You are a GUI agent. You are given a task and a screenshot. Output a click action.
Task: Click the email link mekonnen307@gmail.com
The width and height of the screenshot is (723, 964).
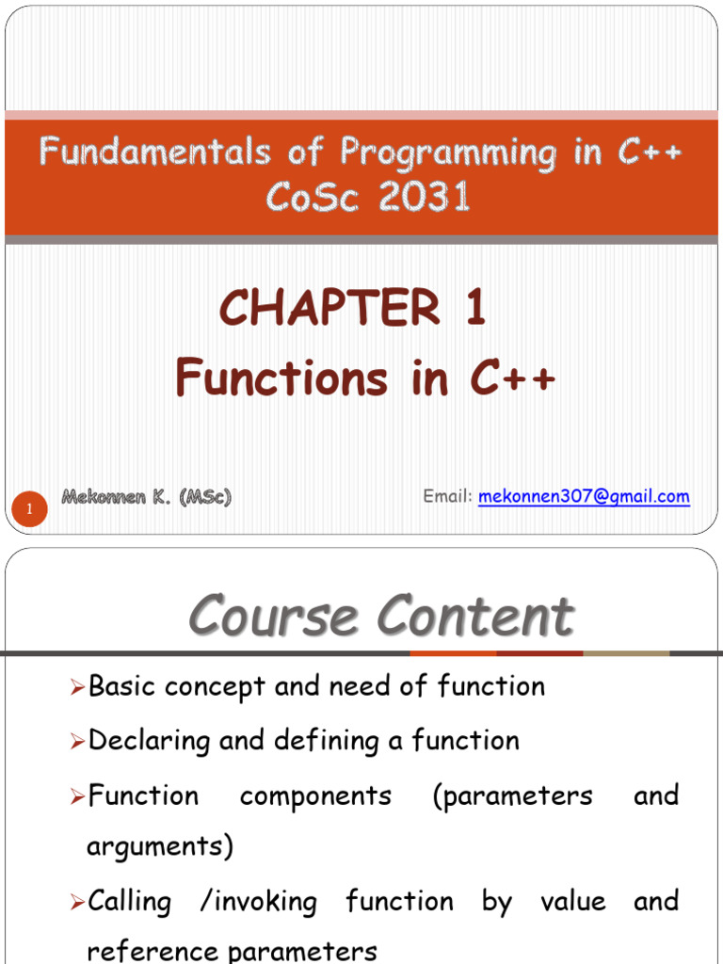point(584,496)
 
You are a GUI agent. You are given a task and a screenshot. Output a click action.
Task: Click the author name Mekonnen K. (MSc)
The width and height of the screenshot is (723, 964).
point(146,497)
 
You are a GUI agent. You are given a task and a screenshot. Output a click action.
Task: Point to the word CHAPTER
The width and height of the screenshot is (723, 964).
point(329,309)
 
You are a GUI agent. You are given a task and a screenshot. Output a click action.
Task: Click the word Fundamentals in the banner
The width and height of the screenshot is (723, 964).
point(154,153)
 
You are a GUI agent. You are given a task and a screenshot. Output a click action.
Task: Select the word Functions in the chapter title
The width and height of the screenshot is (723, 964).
point(281,378)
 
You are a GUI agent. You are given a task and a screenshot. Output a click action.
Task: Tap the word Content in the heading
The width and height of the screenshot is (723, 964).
point(475,617)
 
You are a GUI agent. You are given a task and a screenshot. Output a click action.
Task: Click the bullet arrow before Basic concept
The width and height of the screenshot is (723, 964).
point(78,688)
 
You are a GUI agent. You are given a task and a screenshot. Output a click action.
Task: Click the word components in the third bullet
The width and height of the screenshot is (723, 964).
point(315,795)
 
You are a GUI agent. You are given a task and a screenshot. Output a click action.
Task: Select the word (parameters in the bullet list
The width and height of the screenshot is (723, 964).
point(513,795)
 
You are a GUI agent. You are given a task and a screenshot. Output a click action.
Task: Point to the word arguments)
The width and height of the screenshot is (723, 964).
point(159,847)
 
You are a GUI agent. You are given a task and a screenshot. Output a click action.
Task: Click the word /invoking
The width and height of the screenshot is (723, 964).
point(258,902)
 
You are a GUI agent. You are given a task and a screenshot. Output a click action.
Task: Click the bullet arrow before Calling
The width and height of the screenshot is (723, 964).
point(78,904)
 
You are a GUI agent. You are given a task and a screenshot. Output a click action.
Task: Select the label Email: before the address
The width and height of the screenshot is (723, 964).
point(447,496)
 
